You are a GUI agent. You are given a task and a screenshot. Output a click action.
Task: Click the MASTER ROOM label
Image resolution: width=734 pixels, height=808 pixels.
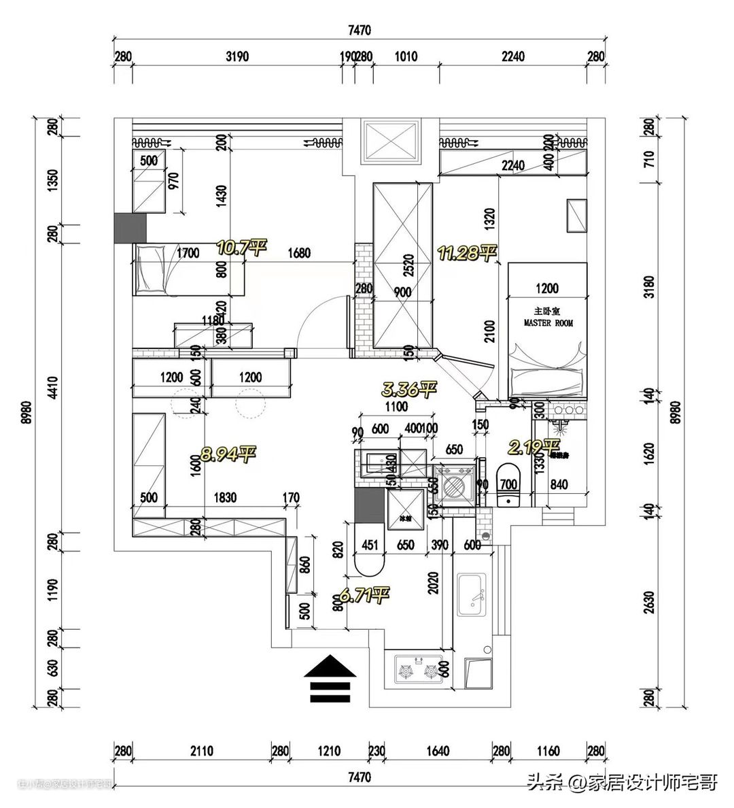[x=548, y=323]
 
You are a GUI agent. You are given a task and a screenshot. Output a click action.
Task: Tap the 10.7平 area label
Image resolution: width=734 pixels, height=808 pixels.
[x=240, y=247]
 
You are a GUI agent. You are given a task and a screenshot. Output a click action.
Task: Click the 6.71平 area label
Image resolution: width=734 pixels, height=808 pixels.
[x=364, y=596]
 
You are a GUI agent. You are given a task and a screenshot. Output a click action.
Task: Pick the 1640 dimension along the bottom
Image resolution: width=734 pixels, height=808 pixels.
[x=438, y=752]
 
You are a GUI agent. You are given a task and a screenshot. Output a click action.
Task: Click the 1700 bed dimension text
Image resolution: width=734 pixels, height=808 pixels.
[x=188, y=254]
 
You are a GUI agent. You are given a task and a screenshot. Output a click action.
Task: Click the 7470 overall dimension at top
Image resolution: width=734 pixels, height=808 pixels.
[x=358, y=30]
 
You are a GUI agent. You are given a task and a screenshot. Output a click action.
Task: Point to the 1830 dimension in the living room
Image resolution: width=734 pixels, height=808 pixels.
[x=224, y=498]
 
